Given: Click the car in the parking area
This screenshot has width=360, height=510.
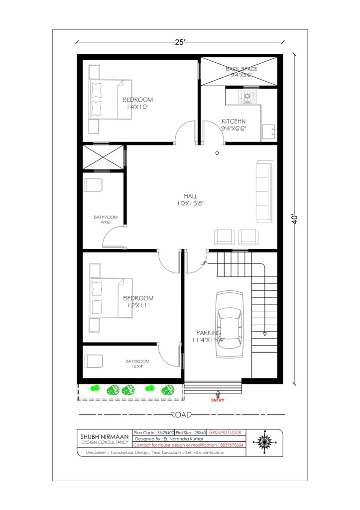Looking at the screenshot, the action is tap(230, 324).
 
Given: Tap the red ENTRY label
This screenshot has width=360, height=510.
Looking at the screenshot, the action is tap(218, 400).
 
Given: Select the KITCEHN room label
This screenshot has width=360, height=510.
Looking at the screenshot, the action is tap(234, 122).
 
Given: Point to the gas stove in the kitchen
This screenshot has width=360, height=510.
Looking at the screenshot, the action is tap(247, 97).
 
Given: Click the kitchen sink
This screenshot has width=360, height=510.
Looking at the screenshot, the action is tap(268, 131).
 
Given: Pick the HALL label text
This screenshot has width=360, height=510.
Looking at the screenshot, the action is tap(191, 196).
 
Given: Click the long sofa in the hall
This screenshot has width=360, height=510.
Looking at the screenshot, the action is tap(264, 191).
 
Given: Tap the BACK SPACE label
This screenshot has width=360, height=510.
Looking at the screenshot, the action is tap(241, 69).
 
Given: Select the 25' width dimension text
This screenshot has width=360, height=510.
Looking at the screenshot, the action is tap(180, 42).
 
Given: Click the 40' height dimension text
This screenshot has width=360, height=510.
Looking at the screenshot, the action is tap(294, 219).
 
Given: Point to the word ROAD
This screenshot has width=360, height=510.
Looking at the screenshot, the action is tap(181, 415).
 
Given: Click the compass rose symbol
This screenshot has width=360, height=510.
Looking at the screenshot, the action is tap(264, 442).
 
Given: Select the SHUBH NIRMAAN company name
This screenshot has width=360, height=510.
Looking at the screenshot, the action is tap(105, 436).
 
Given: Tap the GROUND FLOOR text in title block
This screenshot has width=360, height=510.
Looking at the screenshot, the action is tap(225, 432).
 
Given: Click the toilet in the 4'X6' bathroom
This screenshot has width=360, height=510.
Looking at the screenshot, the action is tap(93, 185).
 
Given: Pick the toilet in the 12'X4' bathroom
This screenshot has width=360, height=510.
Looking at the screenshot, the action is tap(94, 361).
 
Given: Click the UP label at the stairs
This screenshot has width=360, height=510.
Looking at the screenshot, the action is tap(203, 263).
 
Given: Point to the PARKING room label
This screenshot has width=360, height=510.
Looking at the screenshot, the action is tap(209, 333).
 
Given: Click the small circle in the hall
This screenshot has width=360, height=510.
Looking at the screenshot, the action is tap(217, 153).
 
